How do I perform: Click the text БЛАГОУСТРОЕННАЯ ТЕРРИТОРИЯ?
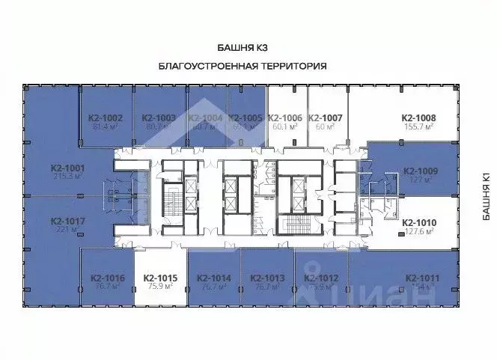(x=243, y=66)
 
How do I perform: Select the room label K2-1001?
(x=68, y=168)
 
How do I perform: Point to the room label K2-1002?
(x=106, y=118)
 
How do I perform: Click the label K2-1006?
(x=284, y=118)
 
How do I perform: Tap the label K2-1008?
(x=419, y=118)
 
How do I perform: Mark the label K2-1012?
(x=322, y=278)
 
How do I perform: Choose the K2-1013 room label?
(x=266, y=278)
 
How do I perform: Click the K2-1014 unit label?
(x=214, y=278)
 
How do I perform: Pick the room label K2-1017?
(x=68, y=222)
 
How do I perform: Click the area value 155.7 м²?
(x=419, y=127)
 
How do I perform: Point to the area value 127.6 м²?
(x=419, y=232)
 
